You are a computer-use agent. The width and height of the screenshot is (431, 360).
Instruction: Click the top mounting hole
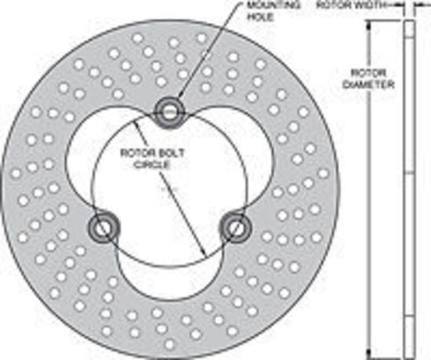point(168,112)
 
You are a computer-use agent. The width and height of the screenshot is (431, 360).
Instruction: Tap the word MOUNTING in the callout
point(273,5)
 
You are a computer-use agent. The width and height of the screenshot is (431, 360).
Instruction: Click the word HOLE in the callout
point(261,17)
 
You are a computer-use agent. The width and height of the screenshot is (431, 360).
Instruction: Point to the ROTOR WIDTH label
point(350,5)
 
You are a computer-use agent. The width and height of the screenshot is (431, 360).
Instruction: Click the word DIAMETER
point(368,85)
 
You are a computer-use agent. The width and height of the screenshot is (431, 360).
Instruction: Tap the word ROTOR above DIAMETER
point(369,73)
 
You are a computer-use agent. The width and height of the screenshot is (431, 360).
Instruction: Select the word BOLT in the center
point(170,153)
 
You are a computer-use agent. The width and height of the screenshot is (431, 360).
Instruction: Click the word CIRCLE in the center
point(153,165)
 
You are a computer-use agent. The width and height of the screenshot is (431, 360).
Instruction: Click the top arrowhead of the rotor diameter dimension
point(369,25)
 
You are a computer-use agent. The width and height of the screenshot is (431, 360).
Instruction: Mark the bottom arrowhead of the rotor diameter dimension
point(369,355)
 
